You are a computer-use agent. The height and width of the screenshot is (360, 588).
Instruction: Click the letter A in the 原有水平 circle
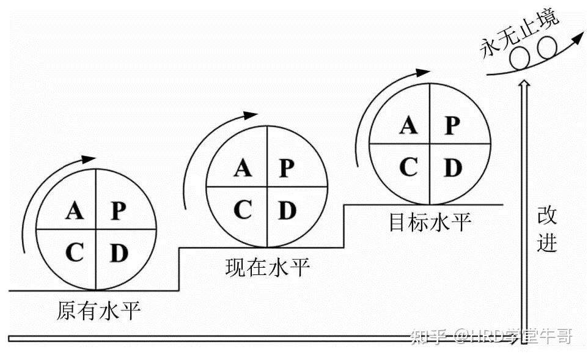[75, 211]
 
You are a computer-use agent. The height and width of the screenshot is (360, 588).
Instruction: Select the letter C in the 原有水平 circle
[75, 252]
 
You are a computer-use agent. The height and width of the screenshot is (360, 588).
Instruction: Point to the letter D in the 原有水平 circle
[119, 252]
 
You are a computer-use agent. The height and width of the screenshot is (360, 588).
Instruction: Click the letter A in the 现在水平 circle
[243, 167]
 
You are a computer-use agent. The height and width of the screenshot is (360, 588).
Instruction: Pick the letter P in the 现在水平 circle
[285, 167]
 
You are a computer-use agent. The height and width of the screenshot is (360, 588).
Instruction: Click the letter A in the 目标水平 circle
[408, 125]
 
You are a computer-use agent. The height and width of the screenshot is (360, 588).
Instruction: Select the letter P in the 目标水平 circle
[452, 125]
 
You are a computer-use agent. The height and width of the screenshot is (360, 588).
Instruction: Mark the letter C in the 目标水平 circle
[408, 167]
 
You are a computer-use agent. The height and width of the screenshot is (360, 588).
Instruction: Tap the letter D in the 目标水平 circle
[452, 167]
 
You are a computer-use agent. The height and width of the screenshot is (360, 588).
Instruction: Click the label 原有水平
[98, 311]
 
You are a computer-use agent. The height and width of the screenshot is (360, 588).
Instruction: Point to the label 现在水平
[267, 268]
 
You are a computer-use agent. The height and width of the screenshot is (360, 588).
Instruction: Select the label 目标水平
[430, 222]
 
